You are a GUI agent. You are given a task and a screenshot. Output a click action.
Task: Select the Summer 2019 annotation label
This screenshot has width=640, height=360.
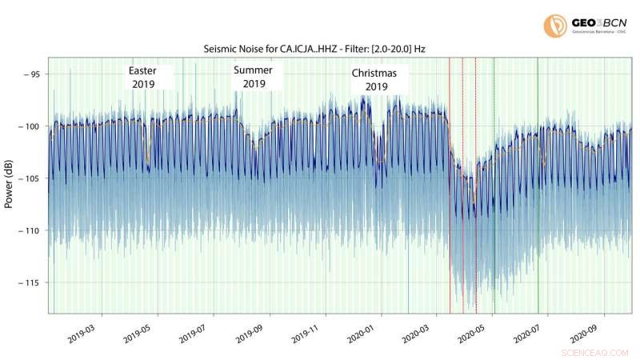[254, 77]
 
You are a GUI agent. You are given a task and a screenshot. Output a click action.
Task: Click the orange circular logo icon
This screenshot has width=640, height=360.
[554, 25]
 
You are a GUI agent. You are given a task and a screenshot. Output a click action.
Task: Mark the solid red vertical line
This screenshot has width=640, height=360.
[450, 184]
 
